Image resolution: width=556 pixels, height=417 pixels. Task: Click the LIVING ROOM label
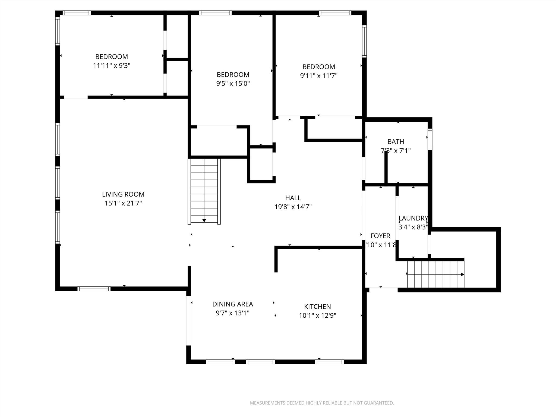click(123, 194)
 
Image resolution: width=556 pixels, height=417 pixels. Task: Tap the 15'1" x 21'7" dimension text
click(123, 203)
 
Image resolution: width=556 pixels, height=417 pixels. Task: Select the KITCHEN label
click(317, 307)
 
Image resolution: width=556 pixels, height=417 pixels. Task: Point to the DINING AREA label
click(232, 304)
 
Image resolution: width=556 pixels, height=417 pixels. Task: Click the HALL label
click(293, 198)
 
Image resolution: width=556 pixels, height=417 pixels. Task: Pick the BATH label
click(396, 141)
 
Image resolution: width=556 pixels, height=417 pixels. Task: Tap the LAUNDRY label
click(413, 218)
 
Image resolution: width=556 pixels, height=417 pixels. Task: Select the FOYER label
click(380, 236)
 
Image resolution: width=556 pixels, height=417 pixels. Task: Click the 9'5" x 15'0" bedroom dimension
click(233, 83)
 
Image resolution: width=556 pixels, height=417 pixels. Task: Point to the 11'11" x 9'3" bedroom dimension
click(112, 66)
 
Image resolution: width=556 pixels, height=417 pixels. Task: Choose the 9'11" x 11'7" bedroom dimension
click(318, 76)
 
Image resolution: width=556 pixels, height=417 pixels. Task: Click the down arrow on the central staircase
click(204, 220)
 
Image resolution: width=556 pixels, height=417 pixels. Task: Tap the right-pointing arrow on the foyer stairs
click(462, 274)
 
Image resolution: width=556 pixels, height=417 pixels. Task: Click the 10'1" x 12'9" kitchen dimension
click(317, 315)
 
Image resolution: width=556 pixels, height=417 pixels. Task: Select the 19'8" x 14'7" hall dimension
click(293, 207)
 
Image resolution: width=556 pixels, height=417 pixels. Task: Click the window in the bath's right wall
click(430, 139)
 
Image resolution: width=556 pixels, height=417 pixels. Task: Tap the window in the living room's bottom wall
click(94, 289)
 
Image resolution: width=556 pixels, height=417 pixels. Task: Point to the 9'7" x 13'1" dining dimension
click(232, 313)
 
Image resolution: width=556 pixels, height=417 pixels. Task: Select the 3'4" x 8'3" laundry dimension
click(413, 227)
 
